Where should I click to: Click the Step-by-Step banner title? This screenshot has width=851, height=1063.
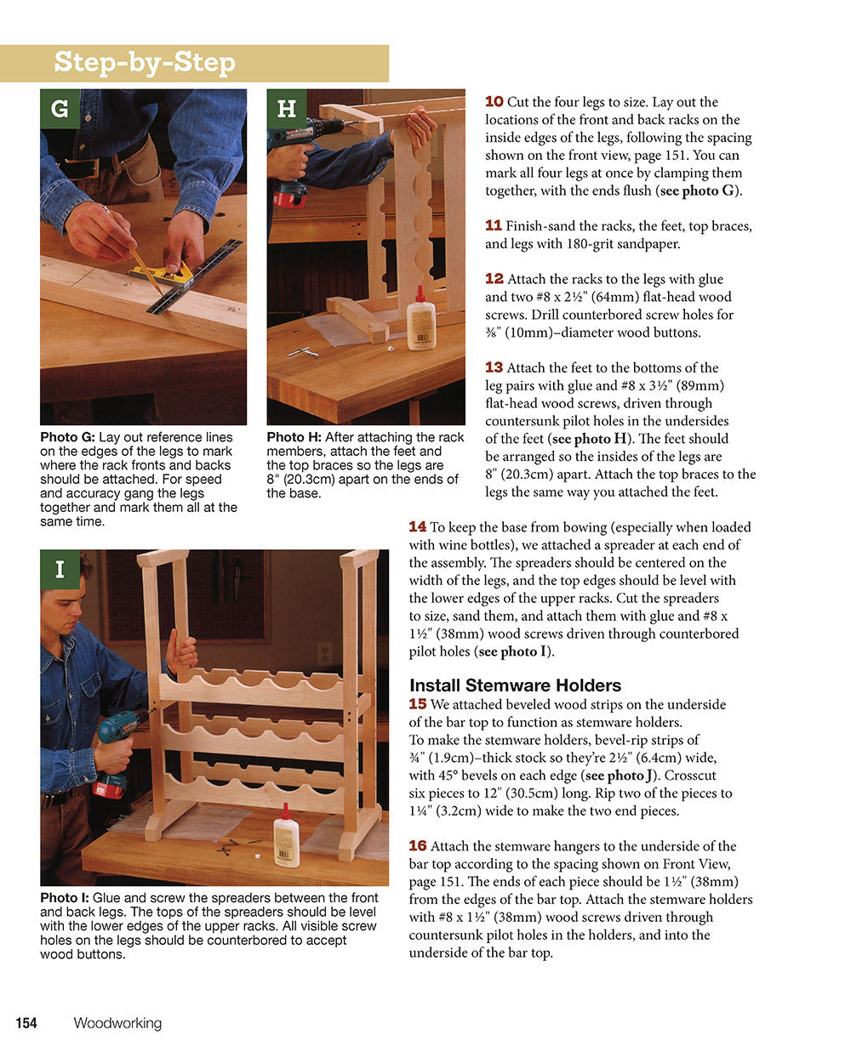pyautogui.click(x=144, y=62)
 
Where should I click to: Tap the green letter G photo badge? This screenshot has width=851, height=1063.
pyautogui.click(x=60, y=109)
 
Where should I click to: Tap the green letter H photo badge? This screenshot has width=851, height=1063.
pyautogui.click(x=287, y=109)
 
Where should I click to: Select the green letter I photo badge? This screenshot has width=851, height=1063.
pyautogui.click(x=60, y=570)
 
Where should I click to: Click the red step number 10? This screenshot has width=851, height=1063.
pyautogui.click(x=494, y=101)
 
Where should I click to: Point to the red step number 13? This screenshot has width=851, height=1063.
pyautogui.click(x=494, y=367)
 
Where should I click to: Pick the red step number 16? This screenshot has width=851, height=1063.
pyautogui.click(x=417, y=845)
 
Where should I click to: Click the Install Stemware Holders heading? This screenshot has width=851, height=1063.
pyautogui.click(x=515, y=685)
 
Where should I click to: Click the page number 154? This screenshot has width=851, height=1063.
pyautogui.click(x=26, y=1023)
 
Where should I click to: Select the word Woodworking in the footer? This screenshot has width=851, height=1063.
pyautogui.click(x=117, y=1023)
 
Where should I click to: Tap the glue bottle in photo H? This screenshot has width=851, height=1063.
pyautogui.click(x=420, y=320)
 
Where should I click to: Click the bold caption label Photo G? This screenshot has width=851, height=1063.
pyautogui.click(x=67, y=437)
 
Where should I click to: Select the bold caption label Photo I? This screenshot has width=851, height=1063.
pyautogui.click(x=65, y=898)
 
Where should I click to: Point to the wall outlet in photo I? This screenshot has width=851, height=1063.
pyautogui.click(x=324, y=653)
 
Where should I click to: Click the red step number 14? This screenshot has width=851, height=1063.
pyautogui.click(x=417, y=526)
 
